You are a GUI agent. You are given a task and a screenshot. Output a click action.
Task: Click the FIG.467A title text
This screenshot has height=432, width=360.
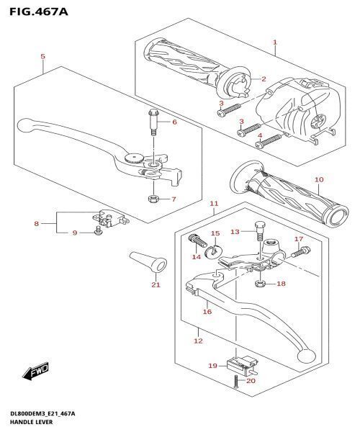[39, 12]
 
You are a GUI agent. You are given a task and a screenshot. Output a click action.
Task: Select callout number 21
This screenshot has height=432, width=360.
[156, 284]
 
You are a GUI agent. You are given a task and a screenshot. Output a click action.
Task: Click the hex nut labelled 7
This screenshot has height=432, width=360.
[152, 199]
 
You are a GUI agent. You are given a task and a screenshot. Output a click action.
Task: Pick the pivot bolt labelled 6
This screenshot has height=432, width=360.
[153, 122]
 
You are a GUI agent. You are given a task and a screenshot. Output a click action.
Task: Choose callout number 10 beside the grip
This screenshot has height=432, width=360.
[319, 180]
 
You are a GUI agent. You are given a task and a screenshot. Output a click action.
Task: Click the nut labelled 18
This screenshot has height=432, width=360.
[260, 284]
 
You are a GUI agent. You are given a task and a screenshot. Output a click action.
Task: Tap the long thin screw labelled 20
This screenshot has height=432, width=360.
[236, 382]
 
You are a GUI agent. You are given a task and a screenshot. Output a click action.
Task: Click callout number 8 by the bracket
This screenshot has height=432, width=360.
[36, 223]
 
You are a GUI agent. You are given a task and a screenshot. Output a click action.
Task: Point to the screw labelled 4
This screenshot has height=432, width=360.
[269, 140]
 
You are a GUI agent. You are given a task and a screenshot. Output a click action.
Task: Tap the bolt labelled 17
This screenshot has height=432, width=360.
[300, 252]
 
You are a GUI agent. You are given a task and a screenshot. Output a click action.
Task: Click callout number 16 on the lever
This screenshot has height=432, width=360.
[207, 312]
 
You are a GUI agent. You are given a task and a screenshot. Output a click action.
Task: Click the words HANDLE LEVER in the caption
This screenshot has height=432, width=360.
[31, 422]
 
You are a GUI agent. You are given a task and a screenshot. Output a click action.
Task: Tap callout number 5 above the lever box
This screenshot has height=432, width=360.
[42, 56]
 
